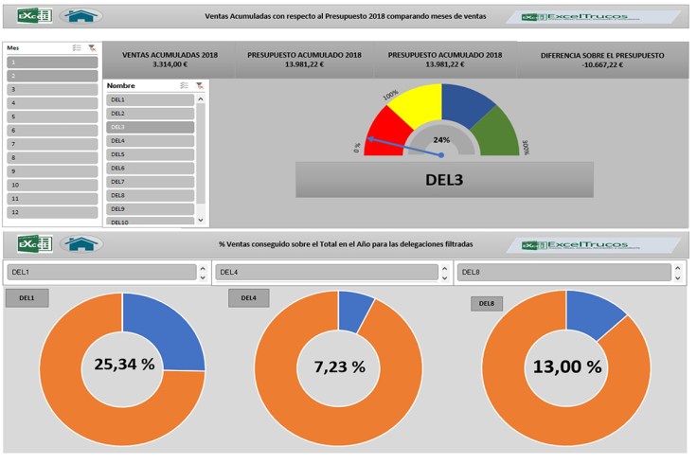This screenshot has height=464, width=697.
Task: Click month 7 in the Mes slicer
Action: [52, 144]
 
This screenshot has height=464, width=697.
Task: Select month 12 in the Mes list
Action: [52, 213]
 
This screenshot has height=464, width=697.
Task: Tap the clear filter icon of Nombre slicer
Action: [199, 85]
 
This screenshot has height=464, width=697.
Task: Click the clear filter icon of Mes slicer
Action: [91, 47]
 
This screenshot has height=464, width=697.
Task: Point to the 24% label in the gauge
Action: [441, 139]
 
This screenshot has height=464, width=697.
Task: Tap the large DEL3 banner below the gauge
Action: [444, 178]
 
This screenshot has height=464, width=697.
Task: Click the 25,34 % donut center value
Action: [123, 365]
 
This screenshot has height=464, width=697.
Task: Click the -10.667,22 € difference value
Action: [602, 65]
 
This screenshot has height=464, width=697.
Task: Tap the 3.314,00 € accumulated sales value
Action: [170, 65]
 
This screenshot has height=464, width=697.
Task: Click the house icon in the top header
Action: [81, 16]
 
